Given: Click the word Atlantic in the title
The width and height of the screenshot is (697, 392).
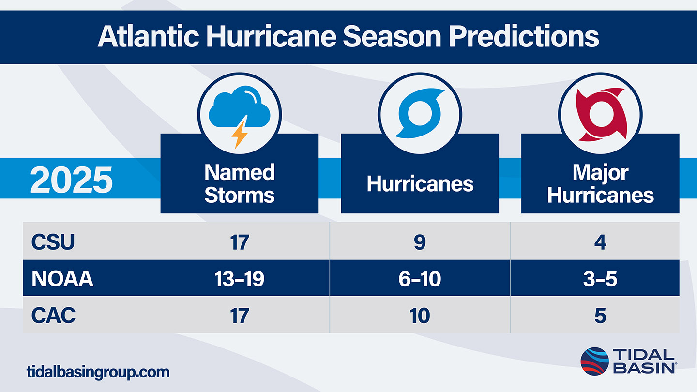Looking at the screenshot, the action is (x=149, y=36).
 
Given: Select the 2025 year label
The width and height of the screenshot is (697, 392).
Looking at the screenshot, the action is (x=71, y=180).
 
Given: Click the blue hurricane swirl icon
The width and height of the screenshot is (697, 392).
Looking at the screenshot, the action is (x=420, y=113).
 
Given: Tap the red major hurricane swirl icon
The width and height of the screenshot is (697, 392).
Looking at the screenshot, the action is (x=600, y=114).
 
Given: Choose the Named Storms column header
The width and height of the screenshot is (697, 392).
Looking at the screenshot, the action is (x=240, y=183).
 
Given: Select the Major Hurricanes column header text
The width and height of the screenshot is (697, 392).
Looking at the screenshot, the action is (x=600, y=183).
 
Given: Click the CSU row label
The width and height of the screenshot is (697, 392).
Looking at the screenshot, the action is (x=53, y=242).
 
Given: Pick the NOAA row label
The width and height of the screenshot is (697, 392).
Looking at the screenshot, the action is (x=62, y=278).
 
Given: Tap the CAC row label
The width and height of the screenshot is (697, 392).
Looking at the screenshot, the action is (x=54, y=315).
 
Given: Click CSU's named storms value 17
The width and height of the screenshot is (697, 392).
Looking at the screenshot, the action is (x=240, y=242).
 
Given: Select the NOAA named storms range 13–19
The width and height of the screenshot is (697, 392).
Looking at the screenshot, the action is (x=239, y=279).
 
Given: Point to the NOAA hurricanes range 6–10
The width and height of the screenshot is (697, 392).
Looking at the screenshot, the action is (x=420, y=279).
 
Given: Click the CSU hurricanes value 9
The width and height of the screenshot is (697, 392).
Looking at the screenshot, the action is (x=420, y=242).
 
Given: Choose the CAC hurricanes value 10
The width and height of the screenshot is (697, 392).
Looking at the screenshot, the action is (x=420, y=316).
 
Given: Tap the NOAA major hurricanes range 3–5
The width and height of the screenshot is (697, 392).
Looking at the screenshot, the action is (x=600, y=279).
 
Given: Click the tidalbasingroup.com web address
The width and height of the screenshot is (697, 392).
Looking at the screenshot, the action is (x=98, y=372).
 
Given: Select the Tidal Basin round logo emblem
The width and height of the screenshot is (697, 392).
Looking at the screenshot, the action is (x=594, y=361).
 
